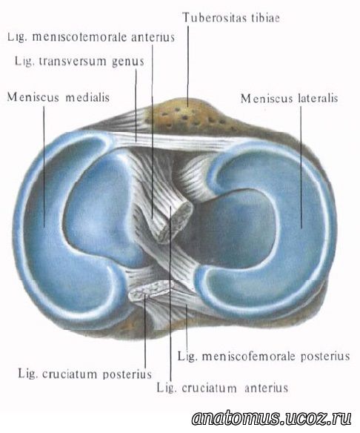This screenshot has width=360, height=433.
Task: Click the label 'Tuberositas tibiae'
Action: (x=231, y=18)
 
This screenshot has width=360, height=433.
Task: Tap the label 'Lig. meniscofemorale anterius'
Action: (x=91, y=37)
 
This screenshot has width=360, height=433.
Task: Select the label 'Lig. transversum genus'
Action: (x=79, y=61)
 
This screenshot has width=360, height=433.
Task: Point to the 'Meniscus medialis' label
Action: (x=59, y=97)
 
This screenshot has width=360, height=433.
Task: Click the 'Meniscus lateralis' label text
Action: (x=290, y=99)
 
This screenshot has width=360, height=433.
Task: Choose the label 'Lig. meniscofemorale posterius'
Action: (x=264, y=356)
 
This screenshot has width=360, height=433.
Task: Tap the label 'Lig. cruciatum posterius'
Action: (x=85, y=374)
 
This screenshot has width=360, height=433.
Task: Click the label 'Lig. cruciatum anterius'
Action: (x=223, y=388)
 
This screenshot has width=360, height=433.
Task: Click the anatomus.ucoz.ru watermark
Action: (x=272, y=418)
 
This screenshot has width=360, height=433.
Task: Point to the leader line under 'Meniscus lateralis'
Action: (x=301, y=168)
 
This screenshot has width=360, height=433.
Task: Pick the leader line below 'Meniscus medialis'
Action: (x=44, y=167)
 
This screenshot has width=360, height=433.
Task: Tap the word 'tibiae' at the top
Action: (x=265, y=18)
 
